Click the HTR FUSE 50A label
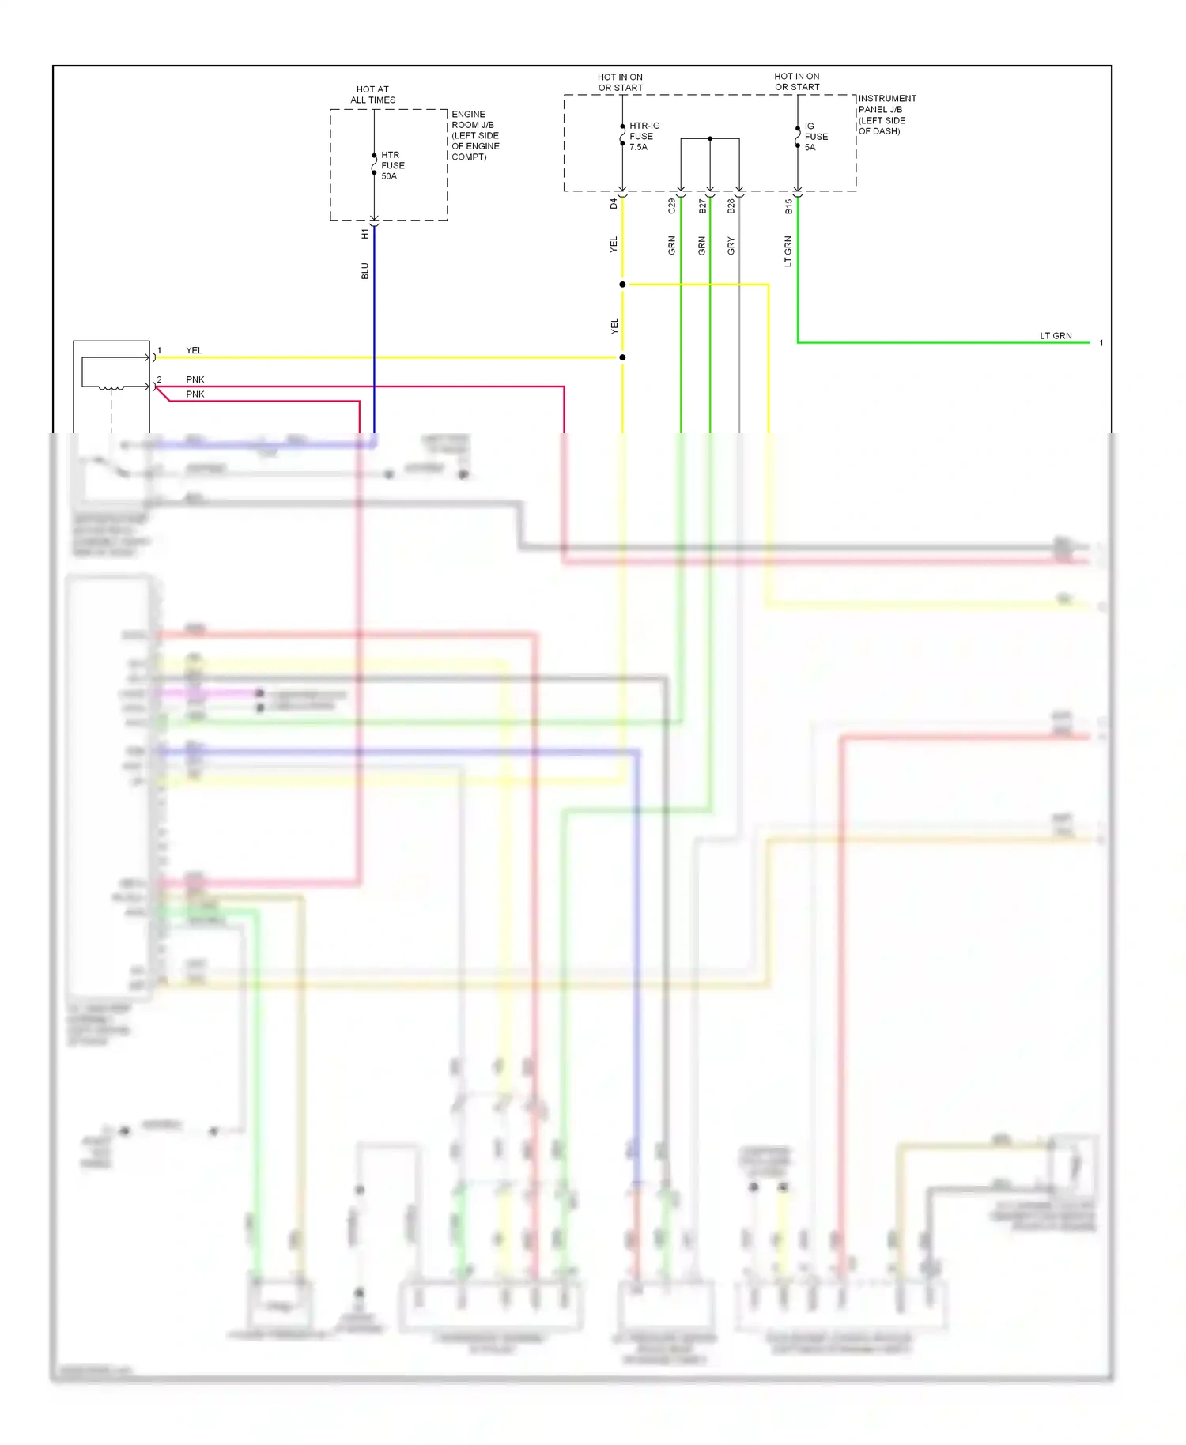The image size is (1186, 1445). click(x=392, y=165)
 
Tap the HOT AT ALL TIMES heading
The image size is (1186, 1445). click(x=373, y=95)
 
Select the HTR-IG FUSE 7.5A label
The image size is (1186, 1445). click(x=644, y=136)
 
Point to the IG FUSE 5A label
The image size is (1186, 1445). click(x=816, y=136)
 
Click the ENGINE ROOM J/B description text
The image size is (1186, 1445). click(x=475, y=135)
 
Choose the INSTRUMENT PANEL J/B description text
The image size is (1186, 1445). click(x=886, y=115)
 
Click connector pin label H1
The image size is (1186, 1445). click(x=364, y=234)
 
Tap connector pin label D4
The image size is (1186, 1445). click(x=614, y=203)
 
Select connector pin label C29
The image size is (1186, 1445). click(x=672, y=206)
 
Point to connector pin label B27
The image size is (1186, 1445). click(x=702, y=206)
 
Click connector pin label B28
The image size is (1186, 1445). click(x=731, y=206)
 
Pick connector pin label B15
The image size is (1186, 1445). click(x=788, y=206)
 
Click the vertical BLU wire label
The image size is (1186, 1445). click(x=364, y=271)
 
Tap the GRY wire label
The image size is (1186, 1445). click(x=731, y=246)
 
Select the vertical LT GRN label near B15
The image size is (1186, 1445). click(x=788, y=251)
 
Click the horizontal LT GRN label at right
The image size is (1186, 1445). click(x=1056, y=336)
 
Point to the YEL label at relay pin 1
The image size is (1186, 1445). click(x=194, y=350)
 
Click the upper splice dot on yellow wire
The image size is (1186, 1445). click(x=622, y=284)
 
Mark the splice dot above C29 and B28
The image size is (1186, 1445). click(x=710, y=138)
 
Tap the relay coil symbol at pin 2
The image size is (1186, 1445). click(x=111, y=387)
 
